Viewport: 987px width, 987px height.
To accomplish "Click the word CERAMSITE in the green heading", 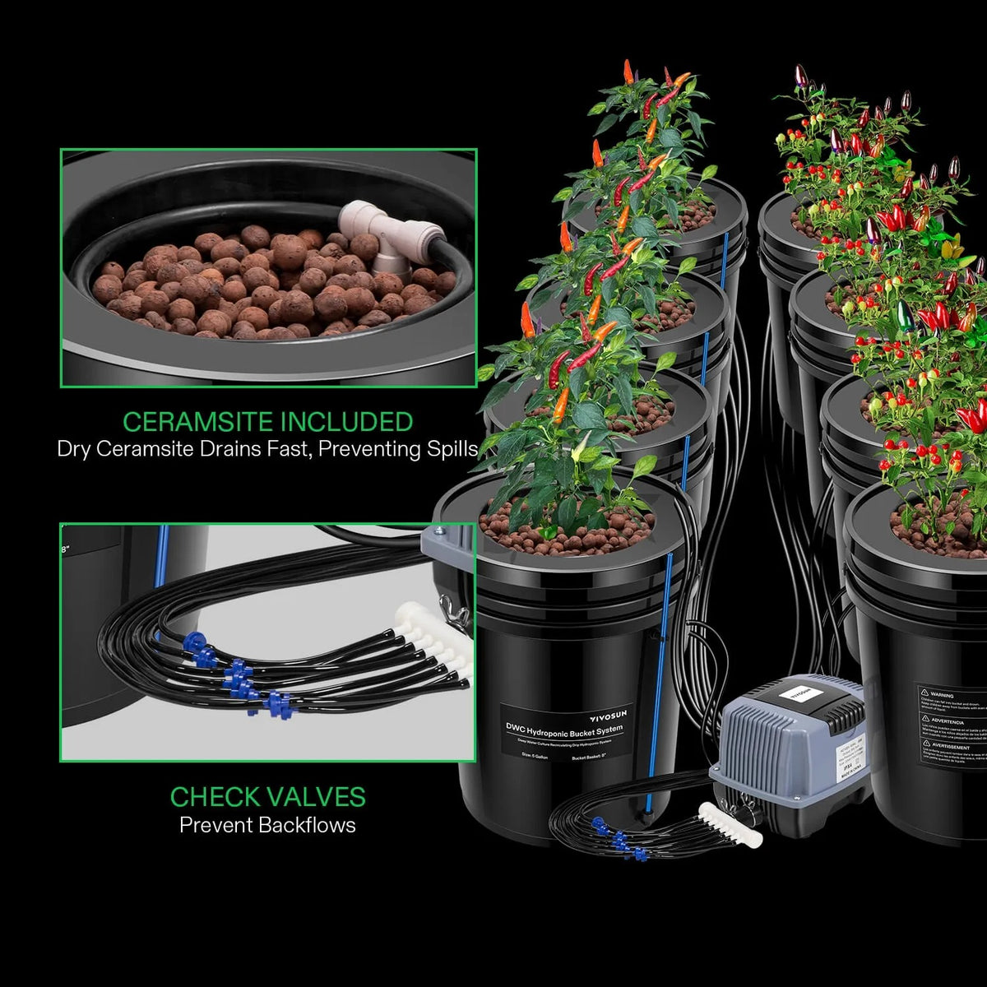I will (x=198, y=422).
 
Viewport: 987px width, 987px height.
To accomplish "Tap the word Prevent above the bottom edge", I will (x=215, y=825).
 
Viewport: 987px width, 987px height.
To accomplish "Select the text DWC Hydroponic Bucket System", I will (x=564, y=729).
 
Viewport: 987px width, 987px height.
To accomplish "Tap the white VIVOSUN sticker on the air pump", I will (x=801, y=690).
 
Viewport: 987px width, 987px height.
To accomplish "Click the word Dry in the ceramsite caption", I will (x=75, y=449).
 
